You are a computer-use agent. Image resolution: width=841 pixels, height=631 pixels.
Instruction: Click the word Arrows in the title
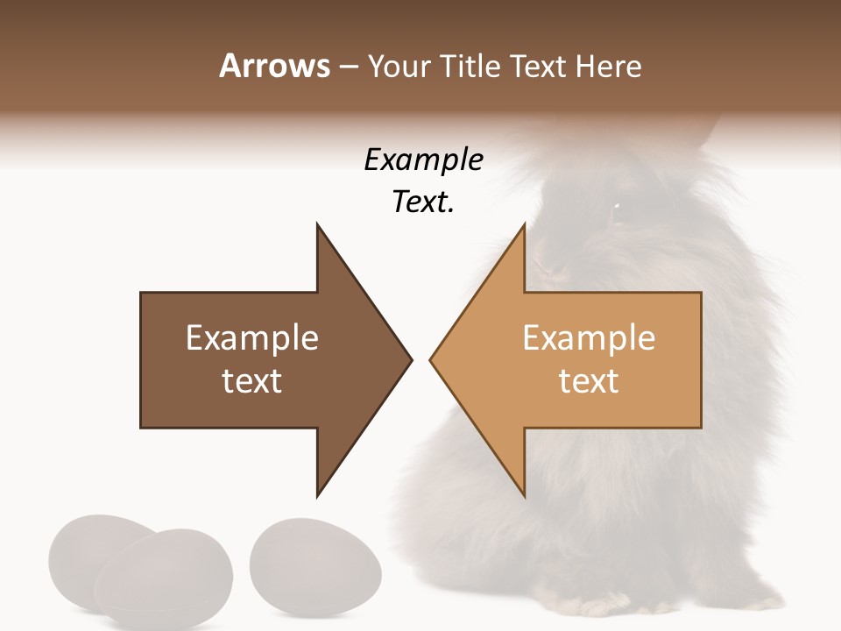pyautogui.click(x=274, y=66)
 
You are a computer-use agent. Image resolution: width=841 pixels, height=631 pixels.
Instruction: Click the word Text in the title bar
pyautogui.click(x=539, y=67)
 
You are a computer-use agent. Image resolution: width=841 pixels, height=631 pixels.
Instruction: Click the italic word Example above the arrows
pyautogui.click(x=423, y=160)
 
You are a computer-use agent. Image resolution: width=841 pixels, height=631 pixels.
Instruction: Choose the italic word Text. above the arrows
pyautogui.click(x=423, y=202)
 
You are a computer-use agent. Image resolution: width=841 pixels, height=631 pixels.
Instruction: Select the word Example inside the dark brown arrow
pyautogui.click(x=252, y=338)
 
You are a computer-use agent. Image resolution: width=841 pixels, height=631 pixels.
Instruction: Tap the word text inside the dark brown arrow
pyautogui.click(x=252, y=381)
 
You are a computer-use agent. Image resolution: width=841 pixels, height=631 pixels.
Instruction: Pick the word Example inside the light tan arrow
pyautogui.click(x=589, y=338)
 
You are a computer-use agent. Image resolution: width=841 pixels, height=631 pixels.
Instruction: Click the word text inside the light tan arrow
pyautogui.click(x=589, y=381)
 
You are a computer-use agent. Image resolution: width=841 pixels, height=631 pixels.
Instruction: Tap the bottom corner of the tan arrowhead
pyautogui.click(x=524, y=494)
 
